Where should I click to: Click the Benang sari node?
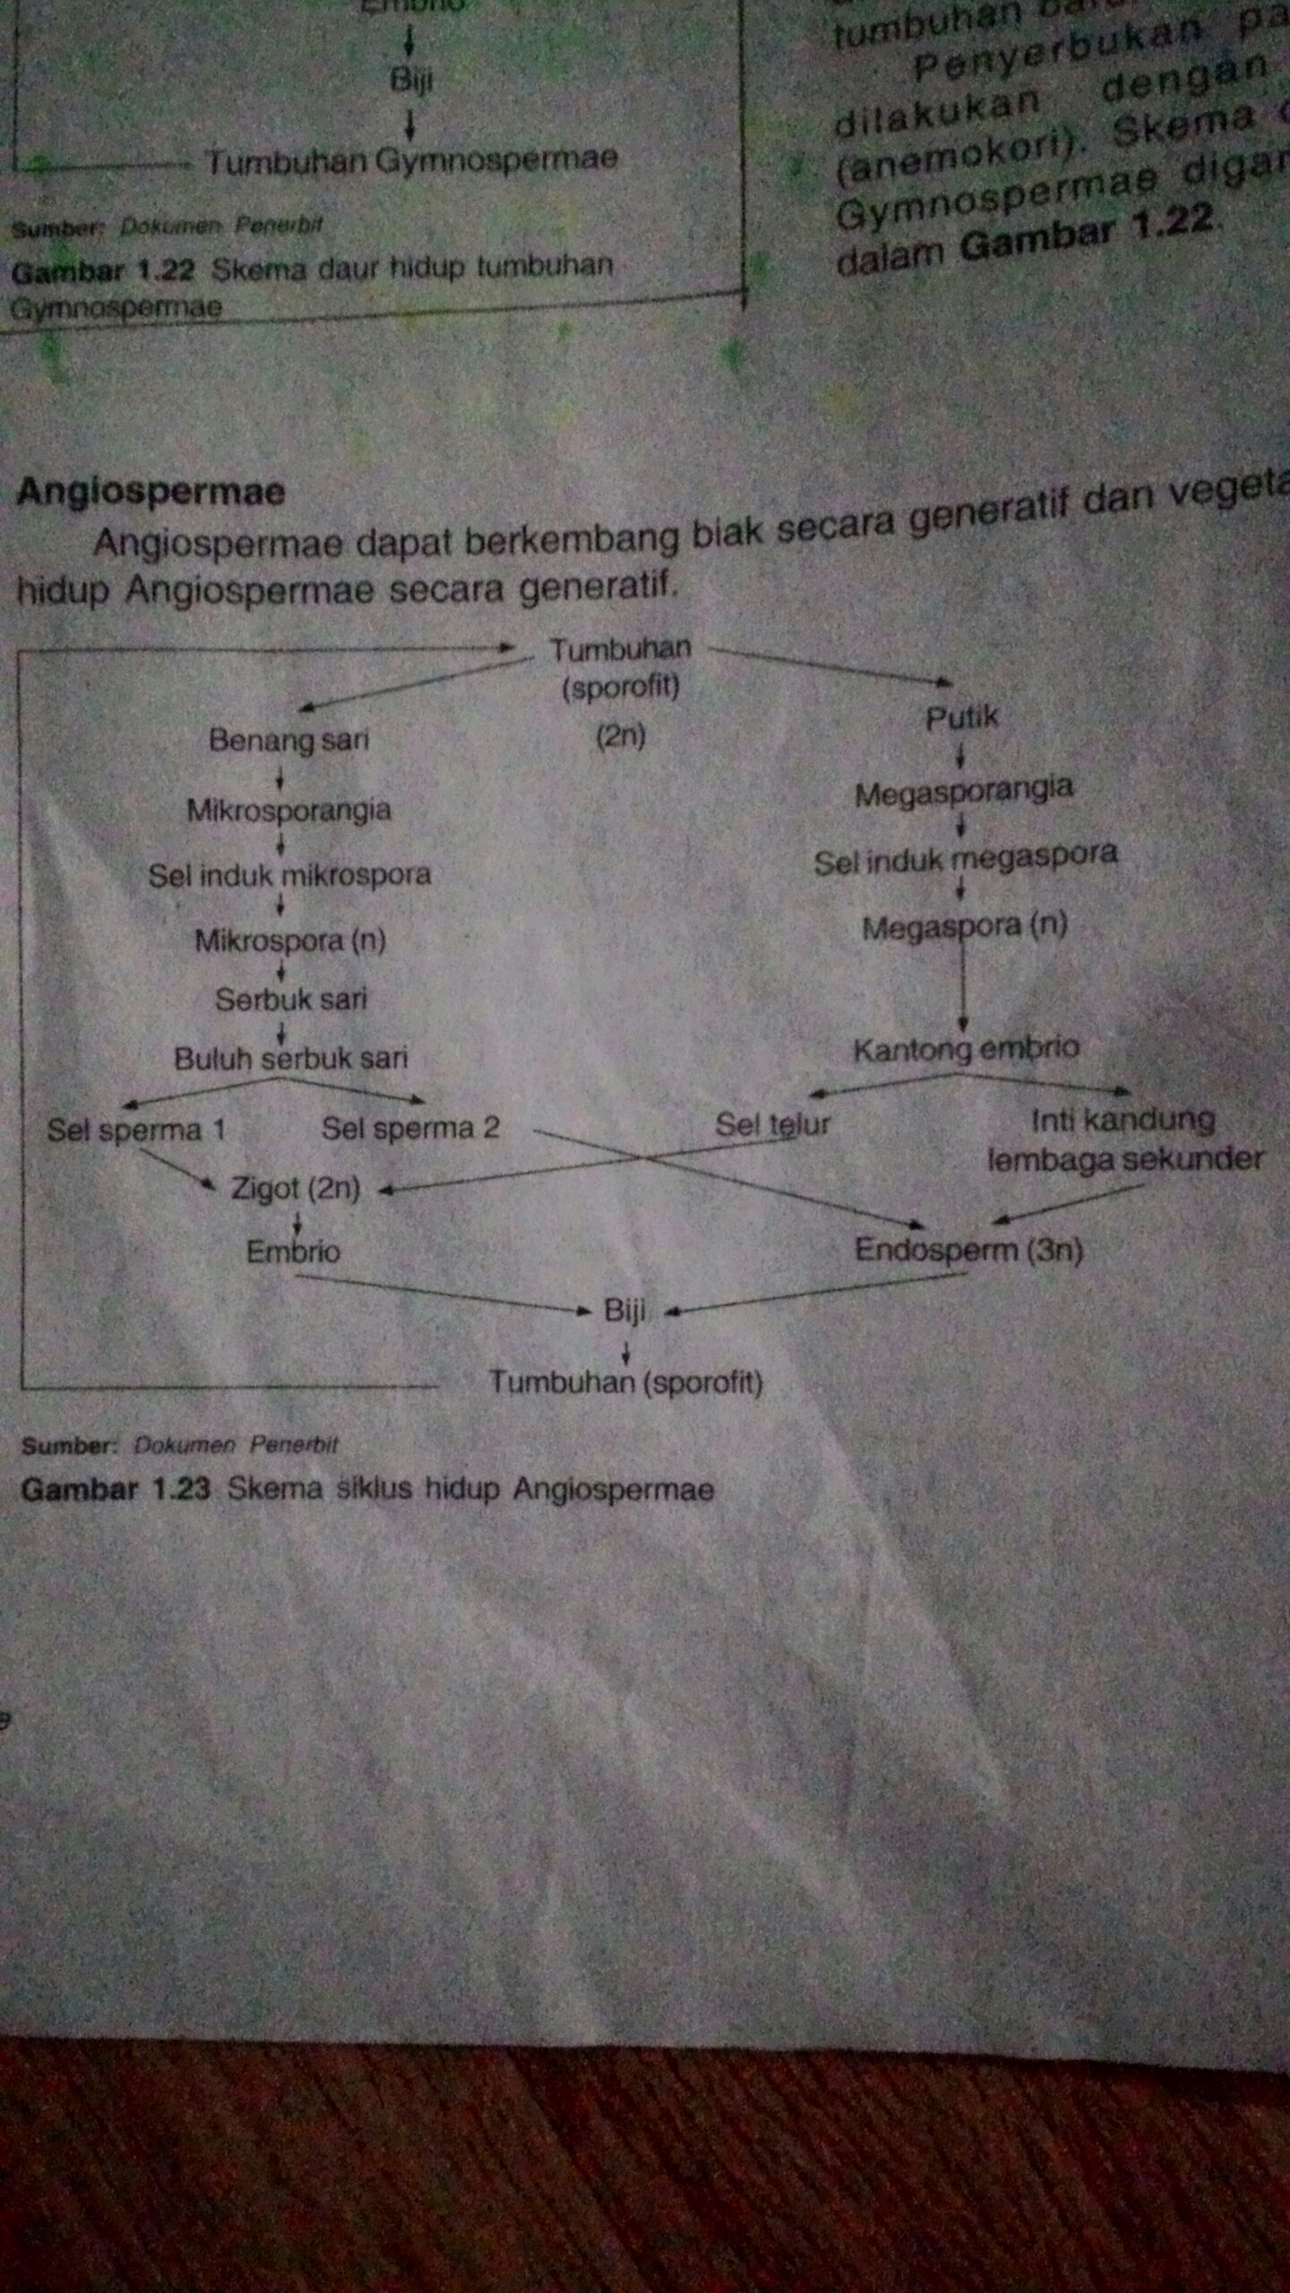(x=288, y=740)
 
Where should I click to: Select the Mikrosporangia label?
(x=288, y=810)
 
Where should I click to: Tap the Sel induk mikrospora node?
(x=289, y=874)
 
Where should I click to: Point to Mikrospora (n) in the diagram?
(x=290, y=940)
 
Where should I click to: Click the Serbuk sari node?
(x=291, y=999)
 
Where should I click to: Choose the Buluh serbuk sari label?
(x=290, y=1059)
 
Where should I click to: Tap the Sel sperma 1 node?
(x=136, y=1129)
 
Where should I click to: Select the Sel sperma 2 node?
(x=410, y=1128)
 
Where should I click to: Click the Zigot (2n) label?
(x=296, y=1188)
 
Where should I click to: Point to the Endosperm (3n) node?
(x=968, y=1250)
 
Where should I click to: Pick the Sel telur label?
(x=772, y=1125)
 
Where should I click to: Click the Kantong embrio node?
(x=966, y=1049)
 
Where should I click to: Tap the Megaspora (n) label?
(x=964, y=926)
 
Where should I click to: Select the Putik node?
(x=961, y=717)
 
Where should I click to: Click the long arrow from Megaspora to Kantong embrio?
(x=963, y=985)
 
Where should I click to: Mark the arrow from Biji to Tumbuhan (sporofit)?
(x=626, y=1352)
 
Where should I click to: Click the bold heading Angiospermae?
(x=150, y=492)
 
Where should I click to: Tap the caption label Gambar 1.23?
(x=116, y=1490)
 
